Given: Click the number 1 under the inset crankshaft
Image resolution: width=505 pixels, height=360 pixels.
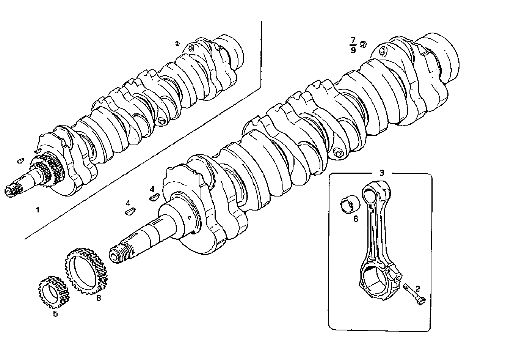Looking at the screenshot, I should click(x=37, y=209).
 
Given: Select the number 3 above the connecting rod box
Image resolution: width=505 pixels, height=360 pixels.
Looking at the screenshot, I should click(x=381, y=173).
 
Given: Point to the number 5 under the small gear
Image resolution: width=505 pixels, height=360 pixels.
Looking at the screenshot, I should click(x=55, y=314).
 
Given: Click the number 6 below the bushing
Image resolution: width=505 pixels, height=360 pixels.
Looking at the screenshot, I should click(x=356, y=219).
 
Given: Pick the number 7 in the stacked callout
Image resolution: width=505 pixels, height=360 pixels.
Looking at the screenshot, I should click(x=353, y=40).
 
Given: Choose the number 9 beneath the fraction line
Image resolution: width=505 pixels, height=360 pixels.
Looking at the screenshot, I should click(x=353, y=50).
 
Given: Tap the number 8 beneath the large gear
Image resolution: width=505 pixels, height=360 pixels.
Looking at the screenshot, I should click(x=99, y=298).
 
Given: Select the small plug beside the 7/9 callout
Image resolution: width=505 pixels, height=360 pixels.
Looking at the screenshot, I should click(x=363, y=45).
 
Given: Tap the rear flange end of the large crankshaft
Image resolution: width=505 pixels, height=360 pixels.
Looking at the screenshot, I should click(x=442, y=57).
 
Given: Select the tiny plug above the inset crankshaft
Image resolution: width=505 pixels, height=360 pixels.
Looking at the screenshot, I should click(x=177, y=44).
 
